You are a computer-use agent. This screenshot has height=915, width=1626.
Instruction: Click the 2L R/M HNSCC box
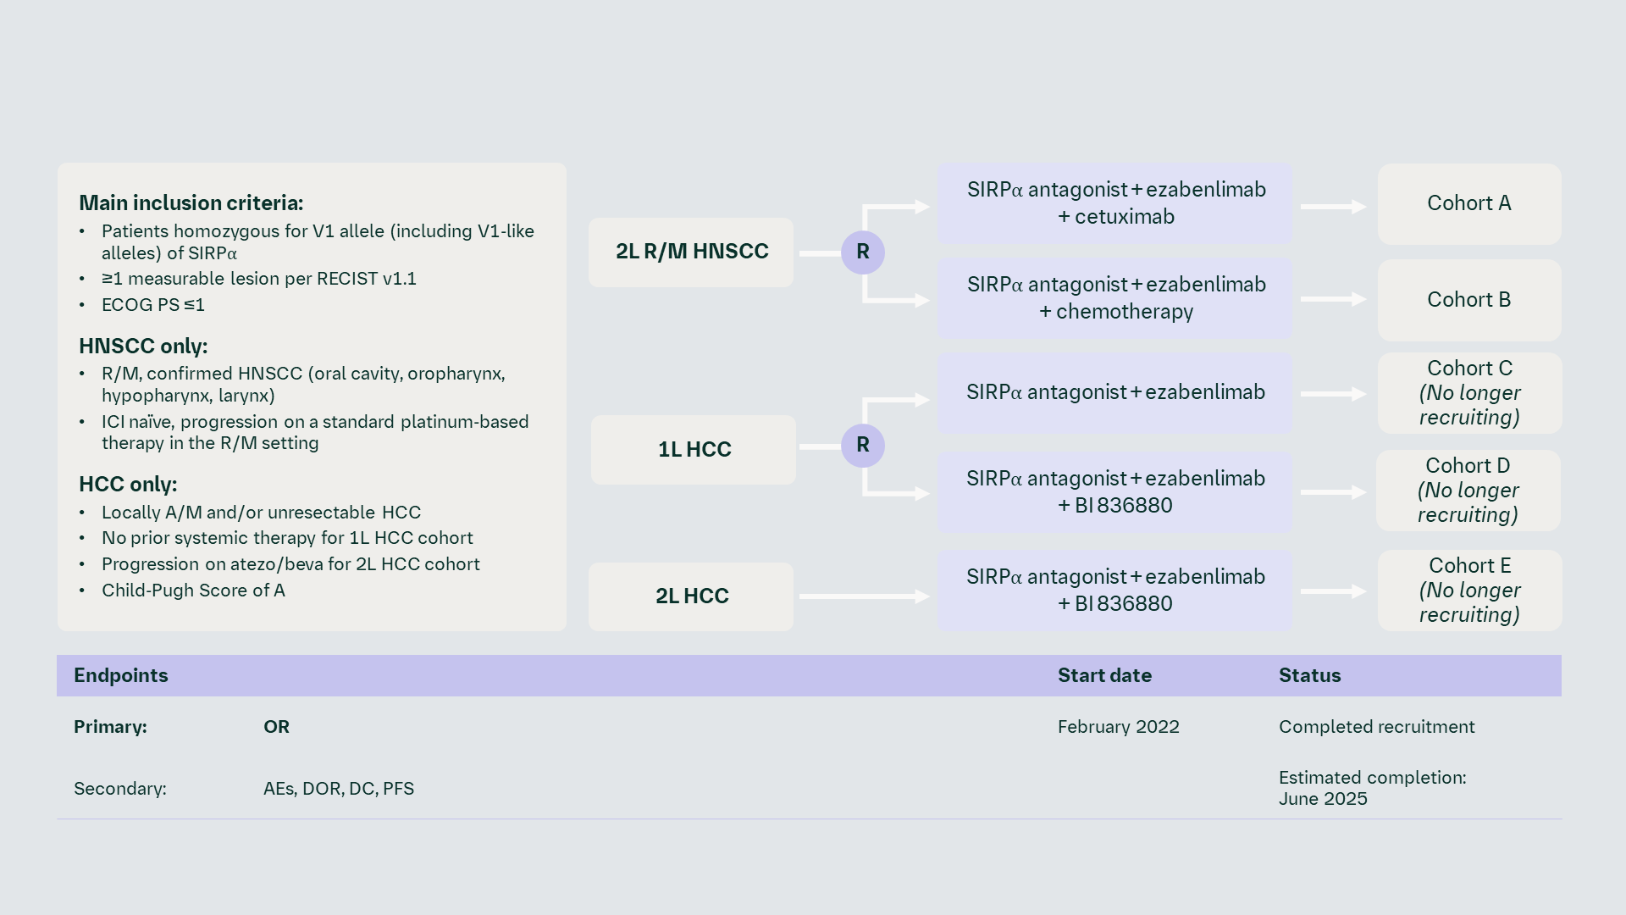pyautogui.click(x=691, y=252)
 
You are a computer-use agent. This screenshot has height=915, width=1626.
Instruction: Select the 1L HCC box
pyautogui.click(x=694, y=449)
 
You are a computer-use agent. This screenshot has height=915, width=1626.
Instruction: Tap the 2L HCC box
pyautogui.click(x=691, y=596)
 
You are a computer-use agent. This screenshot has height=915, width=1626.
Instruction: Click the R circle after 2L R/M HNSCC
pyautogui.click(x=862, y=252)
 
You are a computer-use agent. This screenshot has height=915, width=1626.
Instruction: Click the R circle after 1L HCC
pyautogui.click(x=862, y=445)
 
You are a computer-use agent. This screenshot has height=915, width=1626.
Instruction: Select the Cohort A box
pyautogui.click(x=1468, y=203)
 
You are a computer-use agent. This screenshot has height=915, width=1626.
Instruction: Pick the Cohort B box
pyautogui.click(x=1468, y=300)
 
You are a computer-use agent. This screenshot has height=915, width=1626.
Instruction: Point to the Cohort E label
pyautogui.click(x=1469, y=566)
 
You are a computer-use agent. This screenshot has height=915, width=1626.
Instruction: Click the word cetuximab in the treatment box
pyautogui.click(x=1125, y=217)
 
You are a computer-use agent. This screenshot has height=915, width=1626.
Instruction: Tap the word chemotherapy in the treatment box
pyautogui.click(x=1125, y=312)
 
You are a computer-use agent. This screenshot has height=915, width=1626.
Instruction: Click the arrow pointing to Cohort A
pyautogui.click(x=1333, y=207)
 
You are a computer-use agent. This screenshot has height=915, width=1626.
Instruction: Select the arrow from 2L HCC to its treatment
pyautogui.click(x=864, y=596)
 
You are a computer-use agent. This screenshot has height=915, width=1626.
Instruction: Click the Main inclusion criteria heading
pyautogui.click(x=191, y=203)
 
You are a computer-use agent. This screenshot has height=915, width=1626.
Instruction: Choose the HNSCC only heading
pyautogui.click(x=143, y=347)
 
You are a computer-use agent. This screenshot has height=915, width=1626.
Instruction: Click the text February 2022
pyautogui.click(x=1118, y=727)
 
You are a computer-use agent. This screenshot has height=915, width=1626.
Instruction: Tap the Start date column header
pyautogui.click(x=1104, y=675)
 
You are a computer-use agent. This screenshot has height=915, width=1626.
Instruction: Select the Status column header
pyautogui.click(x=1309, y=675)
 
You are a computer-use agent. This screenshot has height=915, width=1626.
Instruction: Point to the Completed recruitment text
pyautogui.click(x=1376, y=727)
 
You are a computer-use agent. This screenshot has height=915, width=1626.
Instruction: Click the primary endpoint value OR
pyautogui.click(x=276, y=727)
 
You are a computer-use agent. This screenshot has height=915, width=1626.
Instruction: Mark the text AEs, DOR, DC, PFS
pyautogui.click(x=339, y=789)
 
